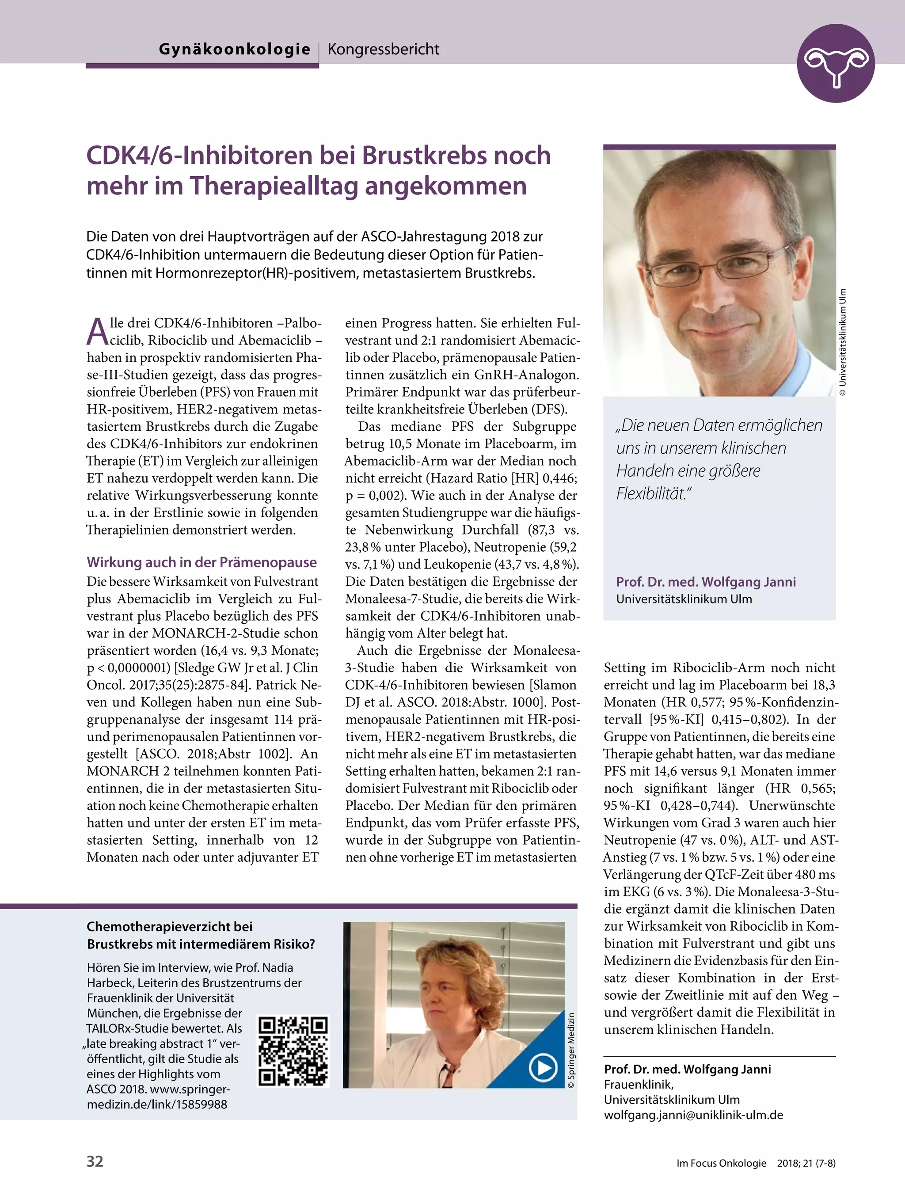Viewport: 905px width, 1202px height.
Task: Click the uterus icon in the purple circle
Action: pyautogui.click(x=836, y=64)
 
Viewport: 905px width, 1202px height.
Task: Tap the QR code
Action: pyautogui.click(x=293, y=1051)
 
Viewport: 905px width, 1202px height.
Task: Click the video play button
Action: pyautogui.click(x=543, y=1068)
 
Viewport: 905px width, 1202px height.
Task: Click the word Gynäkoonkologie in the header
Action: pyautogui.click(x=234, y=49)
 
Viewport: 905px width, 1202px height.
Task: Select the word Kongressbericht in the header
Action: pyautogui.click(x=383, y=49)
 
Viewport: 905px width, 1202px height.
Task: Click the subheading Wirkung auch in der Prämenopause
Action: pyautogui.click(x=202, y=562)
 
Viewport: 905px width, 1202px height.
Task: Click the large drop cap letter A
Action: pyautogui.click(x=97, y=332)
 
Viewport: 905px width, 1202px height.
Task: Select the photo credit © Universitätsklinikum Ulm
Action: pyautogui.click(x=843, y=342)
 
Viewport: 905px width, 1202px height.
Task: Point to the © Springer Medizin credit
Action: pyautogui.click(x=571, y=1050)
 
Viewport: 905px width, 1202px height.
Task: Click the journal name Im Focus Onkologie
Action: pyautogui.click(x=721, y=1163)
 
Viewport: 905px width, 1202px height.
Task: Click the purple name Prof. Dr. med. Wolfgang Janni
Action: pyautogui.click(x=706, y=582)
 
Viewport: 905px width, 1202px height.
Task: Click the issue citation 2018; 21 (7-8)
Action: pyautogui.click(x=806, y=1163)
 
